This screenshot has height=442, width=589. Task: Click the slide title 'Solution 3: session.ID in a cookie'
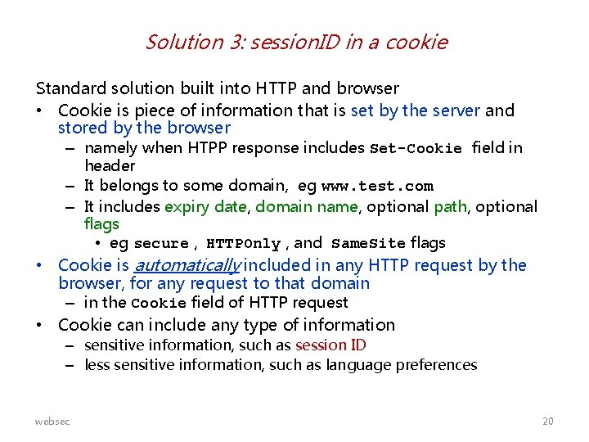tap(296, 42)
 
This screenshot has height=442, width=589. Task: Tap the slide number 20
tap(547, 421)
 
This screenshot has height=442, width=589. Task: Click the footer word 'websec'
tap(52, 421)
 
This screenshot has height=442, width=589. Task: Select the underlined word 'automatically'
tap(185, 265)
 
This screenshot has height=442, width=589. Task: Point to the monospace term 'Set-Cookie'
tap(416, 149)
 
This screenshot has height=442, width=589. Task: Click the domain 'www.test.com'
tap(377, 187)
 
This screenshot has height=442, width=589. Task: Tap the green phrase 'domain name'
tap(307, 207)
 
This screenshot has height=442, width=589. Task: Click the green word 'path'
tap(450, 207)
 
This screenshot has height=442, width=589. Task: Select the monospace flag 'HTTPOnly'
tap(243, 244)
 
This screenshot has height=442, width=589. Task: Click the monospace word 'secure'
tap(161, 244)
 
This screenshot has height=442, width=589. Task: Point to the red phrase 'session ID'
tap(330, 345)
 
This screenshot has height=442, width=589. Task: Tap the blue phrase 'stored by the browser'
tap(144, 129)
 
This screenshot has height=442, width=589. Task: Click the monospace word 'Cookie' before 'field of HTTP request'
tap(159, 304)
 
